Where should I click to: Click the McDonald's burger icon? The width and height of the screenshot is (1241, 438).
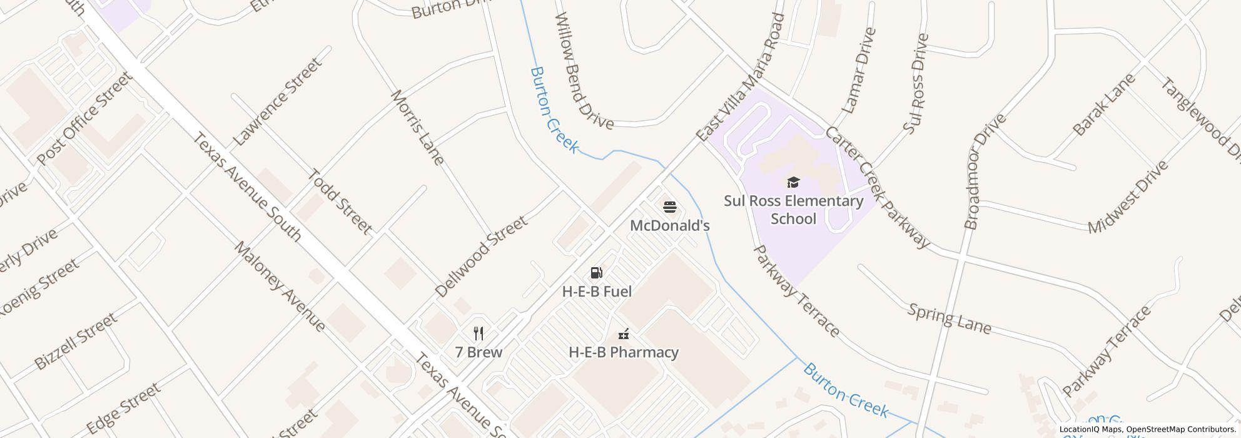pos(669,207)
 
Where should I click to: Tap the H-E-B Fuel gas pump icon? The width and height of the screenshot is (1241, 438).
pos(597,273)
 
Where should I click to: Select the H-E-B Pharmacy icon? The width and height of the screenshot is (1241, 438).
pos(623,334)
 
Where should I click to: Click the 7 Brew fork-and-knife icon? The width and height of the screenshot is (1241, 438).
pos(479,333)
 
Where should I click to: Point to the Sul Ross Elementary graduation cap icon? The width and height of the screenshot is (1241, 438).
pos(793,183)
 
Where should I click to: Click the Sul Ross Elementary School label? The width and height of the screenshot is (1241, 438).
pos(793,210)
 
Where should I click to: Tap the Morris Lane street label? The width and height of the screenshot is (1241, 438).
pos(417,128)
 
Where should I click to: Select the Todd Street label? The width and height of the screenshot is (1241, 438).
pos(340,201)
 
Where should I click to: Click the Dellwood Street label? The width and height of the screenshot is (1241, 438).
pos(481,257)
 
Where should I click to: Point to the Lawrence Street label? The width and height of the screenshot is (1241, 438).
pos(278,102)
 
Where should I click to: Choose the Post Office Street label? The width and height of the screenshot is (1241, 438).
pos(84,119)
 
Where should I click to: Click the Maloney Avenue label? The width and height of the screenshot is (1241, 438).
pos(280,286)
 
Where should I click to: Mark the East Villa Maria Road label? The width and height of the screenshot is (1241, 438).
pos(741,77)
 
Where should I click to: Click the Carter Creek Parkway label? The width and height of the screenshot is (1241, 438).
pos(877,187)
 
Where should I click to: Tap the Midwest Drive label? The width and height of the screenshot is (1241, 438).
pos(1128,198)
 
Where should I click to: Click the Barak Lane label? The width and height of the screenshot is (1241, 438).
pos(1103,105)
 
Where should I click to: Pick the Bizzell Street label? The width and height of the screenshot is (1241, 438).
pos(75,342)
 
